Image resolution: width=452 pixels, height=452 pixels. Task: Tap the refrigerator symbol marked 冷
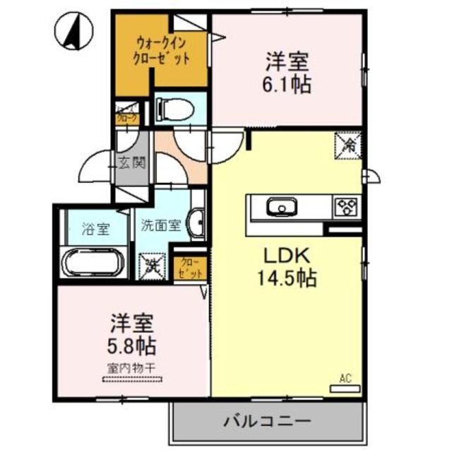[x=350, y=145]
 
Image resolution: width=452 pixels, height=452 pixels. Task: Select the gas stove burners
[x=347, y=207]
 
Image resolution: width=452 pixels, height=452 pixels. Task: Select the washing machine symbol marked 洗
[x=152, y=267]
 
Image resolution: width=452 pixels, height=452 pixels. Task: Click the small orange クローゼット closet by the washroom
[x=191, y=267]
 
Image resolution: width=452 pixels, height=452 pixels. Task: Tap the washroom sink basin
[x=198, y=224]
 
